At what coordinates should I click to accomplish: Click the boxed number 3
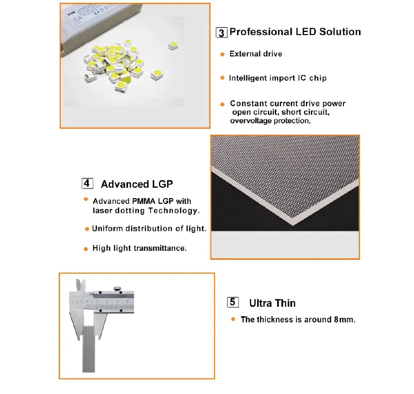tap(221, 33)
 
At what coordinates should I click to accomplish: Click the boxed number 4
tap(88, 183)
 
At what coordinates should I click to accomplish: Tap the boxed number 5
tap(232, 302)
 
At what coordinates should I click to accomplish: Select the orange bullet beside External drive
tap(222, 55)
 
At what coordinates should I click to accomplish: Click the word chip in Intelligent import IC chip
tap(318, 78)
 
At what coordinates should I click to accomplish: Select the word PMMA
tap(146, 201)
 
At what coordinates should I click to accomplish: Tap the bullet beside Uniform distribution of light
tap(87, 229)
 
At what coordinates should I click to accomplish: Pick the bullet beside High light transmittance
tap(86, 248)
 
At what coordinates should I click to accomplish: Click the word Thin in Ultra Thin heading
tap(286, 303)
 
